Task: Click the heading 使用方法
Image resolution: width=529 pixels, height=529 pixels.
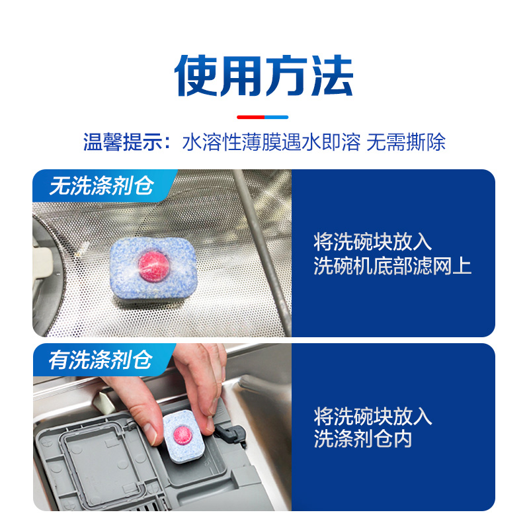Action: pos(264,74)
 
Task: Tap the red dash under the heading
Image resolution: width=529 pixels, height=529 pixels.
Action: pos(251,117)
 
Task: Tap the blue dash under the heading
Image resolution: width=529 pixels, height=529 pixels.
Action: pos(278,117)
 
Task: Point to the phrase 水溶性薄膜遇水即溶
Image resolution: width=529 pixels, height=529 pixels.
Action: pos(271,142)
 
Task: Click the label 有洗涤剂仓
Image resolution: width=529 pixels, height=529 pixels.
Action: pos(101,360)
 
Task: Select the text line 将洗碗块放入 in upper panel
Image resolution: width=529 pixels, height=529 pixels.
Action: pos(373,241)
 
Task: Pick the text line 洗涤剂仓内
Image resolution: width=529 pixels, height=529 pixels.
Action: pos(363,439)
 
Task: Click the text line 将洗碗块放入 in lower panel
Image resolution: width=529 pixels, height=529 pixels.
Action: pos(373,416)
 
